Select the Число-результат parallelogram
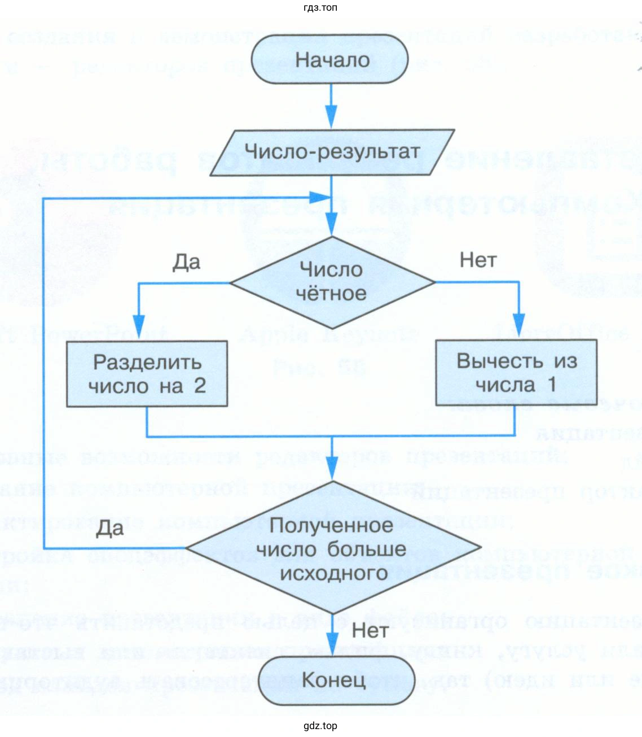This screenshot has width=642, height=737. (x=332, y=151)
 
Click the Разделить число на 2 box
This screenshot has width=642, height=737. (x=147, y=373)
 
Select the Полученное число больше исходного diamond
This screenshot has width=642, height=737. (x=332, y=549)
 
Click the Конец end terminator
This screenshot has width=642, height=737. (x=332, y=680)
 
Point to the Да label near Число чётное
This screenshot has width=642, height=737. (x=186, y=263)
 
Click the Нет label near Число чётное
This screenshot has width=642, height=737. (x=478, y=260)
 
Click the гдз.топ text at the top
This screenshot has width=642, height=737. (x=320, y=8)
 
